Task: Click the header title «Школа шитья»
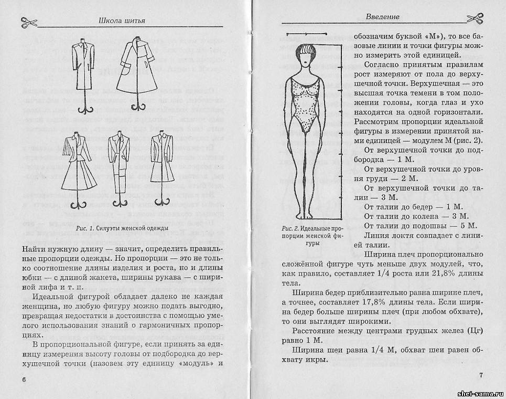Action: click(122, 21)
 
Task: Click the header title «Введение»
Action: click(382, 16)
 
